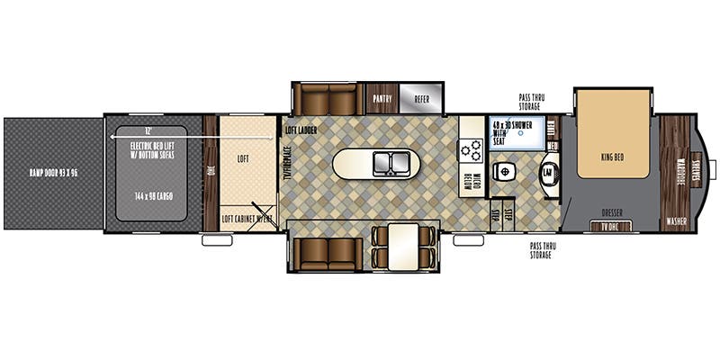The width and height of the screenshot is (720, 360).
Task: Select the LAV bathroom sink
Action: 546,172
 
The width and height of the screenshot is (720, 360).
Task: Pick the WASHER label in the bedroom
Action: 676,220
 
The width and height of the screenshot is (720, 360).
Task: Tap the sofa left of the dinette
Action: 328,245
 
